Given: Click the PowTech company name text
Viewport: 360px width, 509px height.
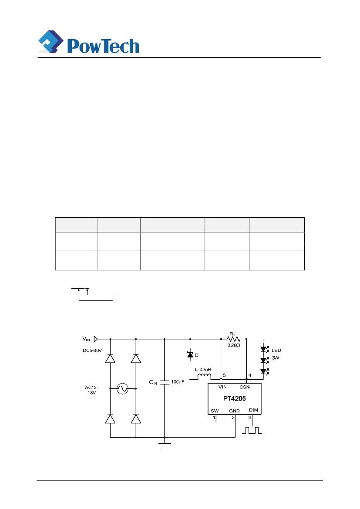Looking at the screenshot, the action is [103, 45].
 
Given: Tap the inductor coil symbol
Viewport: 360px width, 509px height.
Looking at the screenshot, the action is [204, 377].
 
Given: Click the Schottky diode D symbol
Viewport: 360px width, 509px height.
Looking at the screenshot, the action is [190, 355].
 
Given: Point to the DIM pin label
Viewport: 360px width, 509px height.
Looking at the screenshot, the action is [253, 410].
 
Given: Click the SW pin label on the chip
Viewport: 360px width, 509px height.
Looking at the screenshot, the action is [215, 411].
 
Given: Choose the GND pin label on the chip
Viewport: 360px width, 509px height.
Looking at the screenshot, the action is [234, 411].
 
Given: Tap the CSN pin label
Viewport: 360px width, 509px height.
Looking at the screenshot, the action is [244, 387].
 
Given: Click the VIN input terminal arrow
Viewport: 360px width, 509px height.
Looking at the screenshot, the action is [96, 338].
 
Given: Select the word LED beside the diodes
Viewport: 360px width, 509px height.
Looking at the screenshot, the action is [277, 350].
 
